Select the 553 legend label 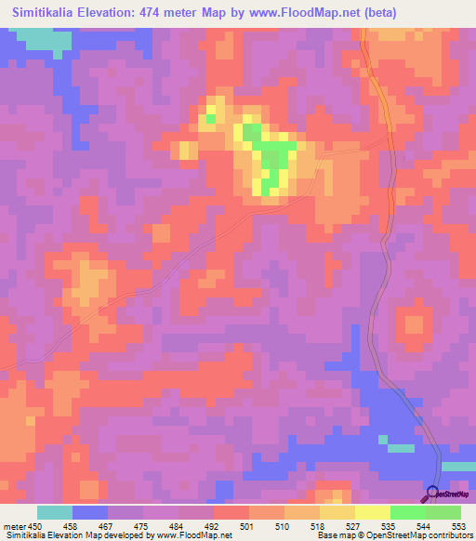pos(459,526)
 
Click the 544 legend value pos(425,526)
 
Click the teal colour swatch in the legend pos(55,512)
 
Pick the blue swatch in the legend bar pos(90,512)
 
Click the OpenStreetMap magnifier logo pos(433,494)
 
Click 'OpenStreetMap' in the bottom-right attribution pos(429,535)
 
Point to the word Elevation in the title pos(123,13)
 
